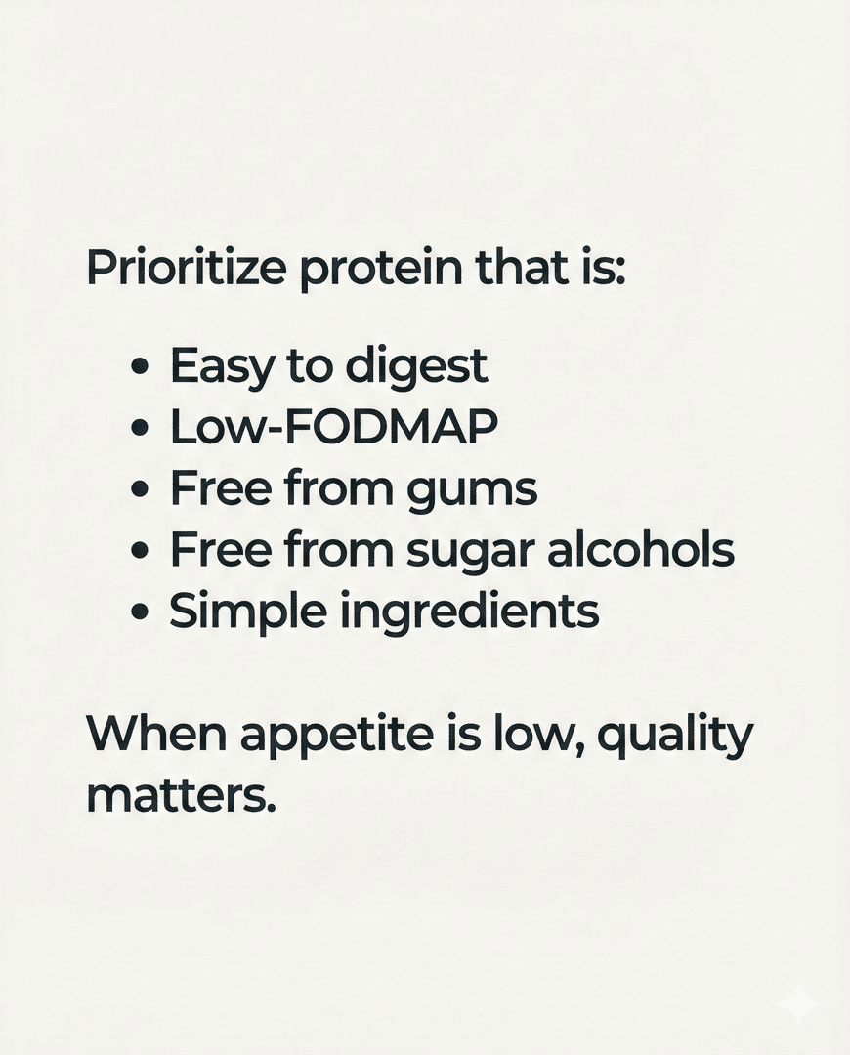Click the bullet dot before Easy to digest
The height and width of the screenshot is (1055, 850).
(x=141, y=367)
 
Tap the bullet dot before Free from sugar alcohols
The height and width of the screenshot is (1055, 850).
(x=141, y=551)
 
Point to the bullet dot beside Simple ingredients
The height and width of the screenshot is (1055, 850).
(x=141, y=612)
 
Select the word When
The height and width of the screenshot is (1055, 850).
(x=155, y=735)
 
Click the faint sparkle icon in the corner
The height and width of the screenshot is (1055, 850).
(x=798, y=1003)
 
